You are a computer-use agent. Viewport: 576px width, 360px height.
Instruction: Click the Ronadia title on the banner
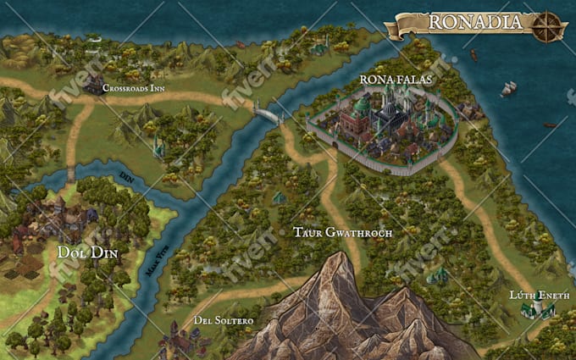474,22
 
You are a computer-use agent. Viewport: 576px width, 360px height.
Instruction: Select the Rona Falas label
396,80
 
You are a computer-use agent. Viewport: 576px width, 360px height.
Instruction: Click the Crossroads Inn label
133,87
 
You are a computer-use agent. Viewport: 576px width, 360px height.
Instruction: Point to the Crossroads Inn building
92,84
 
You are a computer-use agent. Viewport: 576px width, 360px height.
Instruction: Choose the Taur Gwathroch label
342,231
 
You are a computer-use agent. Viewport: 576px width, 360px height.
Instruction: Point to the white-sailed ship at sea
508,88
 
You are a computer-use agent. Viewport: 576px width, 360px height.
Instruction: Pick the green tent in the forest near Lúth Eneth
437,275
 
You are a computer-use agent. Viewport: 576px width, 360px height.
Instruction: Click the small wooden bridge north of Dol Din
71,174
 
